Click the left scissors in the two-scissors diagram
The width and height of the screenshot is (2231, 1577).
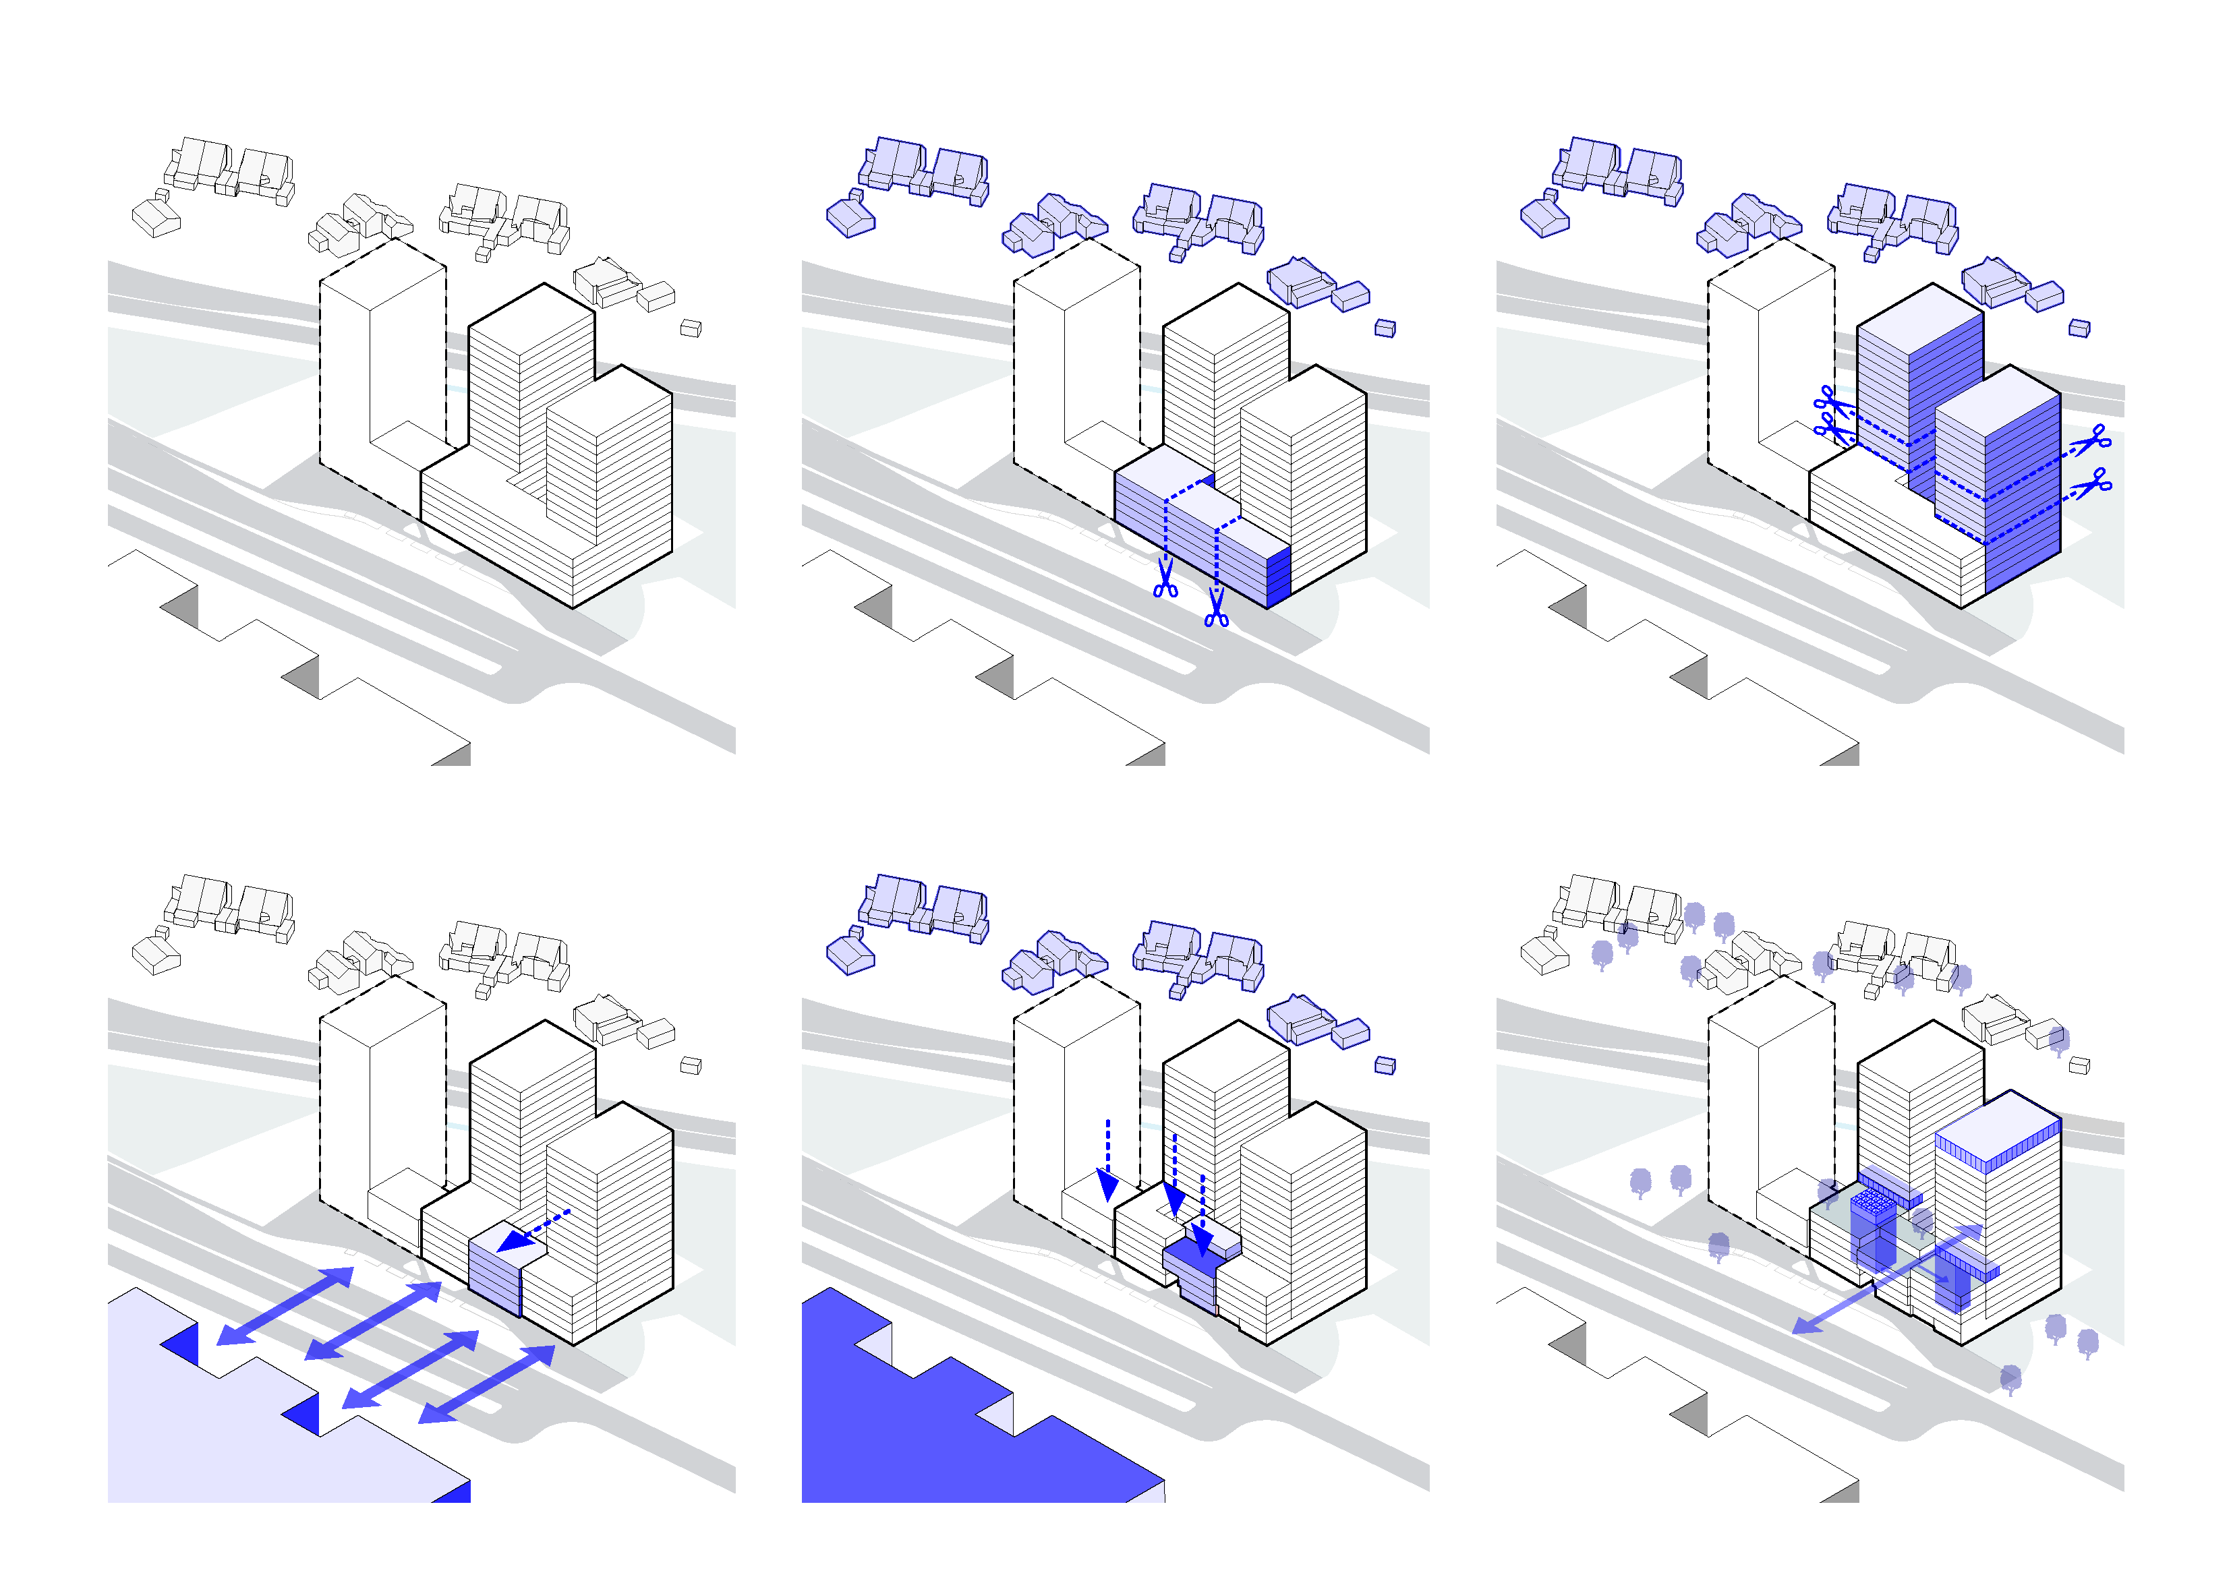[1165, 579]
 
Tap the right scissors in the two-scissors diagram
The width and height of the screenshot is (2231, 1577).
[1215, 609]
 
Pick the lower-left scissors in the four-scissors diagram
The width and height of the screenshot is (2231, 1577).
[1830, 427]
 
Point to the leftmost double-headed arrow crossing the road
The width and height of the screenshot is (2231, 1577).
[285, 1306]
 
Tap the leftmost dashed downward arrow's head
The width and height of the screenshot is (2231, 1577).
[1107, 1185]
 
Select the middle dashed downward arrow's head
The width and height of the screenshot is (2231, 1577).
[1175, 1201]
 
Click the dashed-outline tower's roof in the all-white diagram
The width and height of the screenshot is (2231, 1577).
[384, 273]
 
